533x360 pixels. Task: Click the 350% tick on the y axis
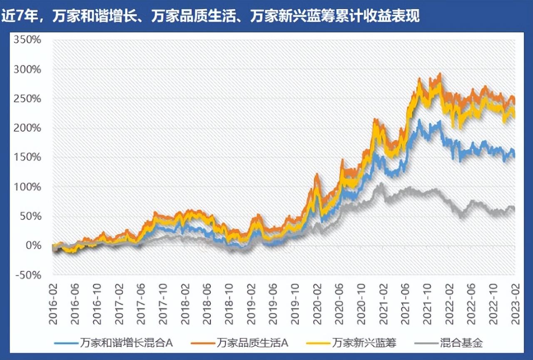pyautogui.click(x=28, y=40)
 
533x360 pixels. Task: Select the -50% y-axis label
pyautogui.click(x=28, y=275)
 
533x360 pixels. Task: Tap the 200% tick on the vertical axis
pyautogui.click(x=28, y=128)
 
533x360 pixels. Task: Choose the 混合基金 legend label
pyautogui.click(x=461, y=343)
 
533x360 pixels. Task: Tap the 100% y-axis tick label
pyautogui.click(x=28, y=187)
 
